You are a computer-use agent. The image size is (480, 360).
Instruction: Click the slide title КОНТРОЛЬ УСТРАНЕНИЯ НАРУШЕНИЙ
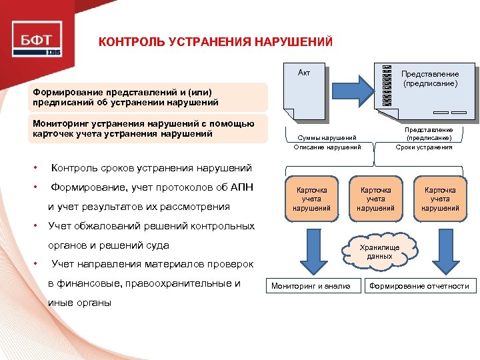tap(215, 43)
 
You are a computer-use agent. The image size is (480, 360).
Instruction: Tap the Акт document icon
tap(307, 93)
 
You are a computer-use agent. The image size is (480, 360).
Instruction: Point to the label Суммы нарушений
tap(327, 137)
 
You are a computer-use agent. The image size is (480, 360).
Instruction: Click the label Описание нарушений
tap(327, 147)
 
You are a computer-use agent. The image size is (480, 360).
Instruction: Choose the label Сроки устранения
tap(424, 147)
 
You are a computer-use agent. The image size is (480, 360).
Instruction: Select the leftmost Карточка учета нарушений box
tap(311, 199)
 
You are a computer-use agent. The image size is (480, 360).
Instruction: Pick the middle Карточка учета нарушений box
tap(375, 199)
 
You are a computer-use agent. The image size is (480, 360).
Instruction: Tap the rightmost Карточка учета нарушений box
tap(440, 199)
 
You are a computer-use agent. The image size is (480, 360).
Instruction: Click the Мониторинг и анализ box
tap(310, 286)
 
